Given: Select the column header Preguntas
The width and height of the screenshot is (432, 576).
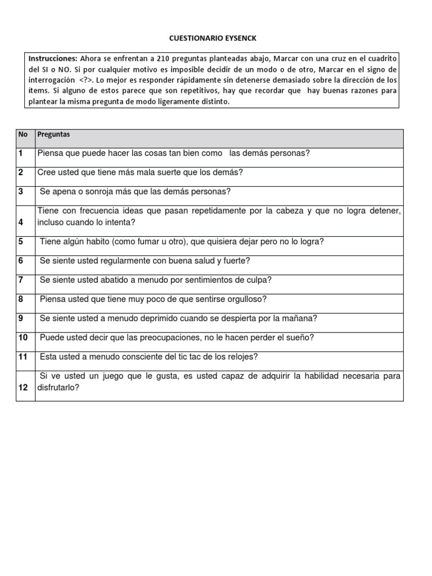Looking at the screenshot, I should click(53, 134).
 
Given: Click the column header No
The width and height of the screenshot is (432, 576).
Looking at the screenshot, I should click(22, 134).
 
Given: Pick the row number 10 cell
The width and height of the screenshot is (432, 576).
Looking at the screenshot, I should click(23, 337).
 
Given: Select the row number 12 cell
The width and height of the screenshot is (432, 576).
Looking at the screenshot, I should click(23, 388).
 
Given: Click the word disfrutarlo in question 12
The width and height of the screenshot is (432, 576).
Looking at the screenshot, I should click(58, 388).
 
